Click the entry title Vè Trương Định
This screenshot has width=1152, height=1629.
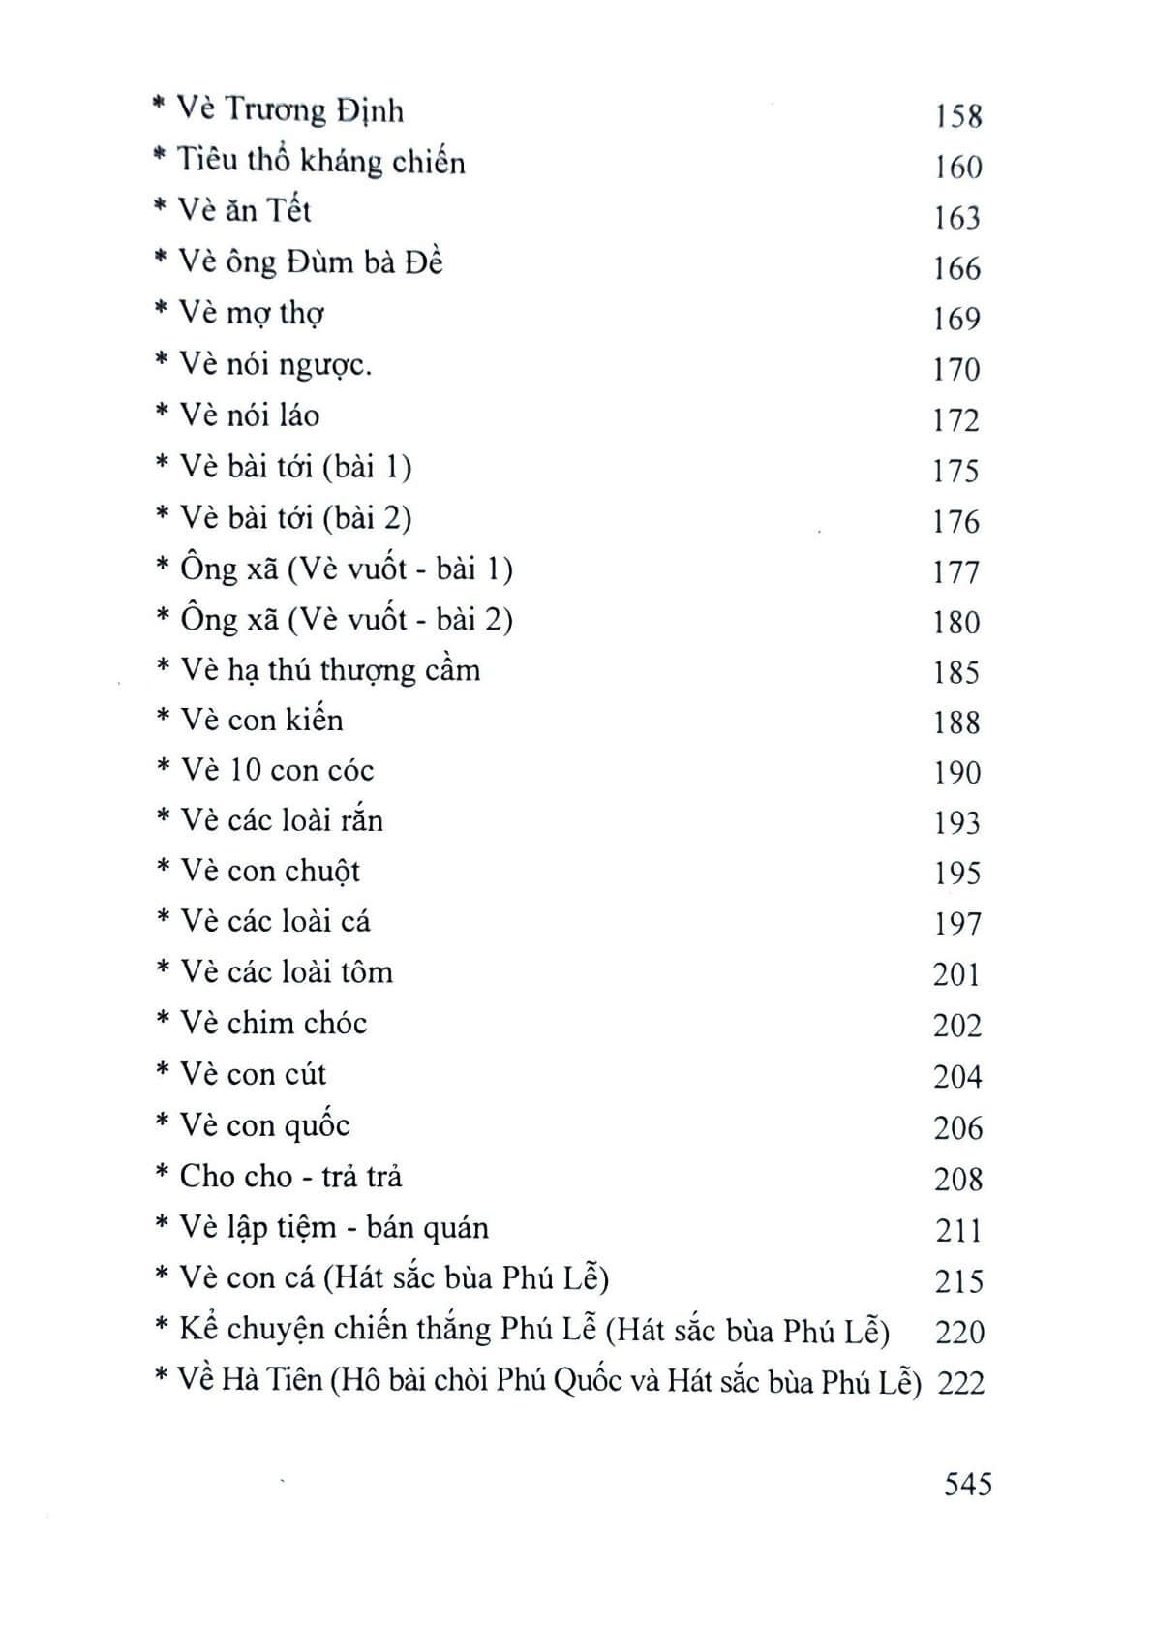point(290,110)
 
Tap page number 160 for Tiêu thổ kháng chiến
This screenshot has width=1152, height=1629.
point(957,168)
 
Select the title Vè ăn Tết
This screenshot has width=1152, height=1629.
point(246,211)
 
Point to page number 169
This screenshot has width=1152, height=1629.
point(956,319)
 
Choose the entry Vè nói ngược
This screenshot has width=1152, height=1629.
point(276,365)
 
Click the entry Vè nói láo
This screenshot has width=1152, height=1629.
point(250,415)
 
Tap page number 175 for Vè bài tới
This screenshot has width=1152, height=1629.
point(956,471)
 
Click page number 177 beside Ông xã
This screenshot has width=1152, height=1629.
point(956,571)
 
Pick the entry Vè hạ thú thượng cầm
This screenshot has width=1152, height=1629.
point(330,669)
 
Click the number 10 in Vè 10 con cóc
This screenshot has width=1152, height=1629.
point(245,770)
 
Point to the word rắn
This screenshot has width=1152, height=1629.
point(360,821)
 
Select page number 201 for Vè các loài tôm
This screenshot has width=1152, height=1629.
point(956,973)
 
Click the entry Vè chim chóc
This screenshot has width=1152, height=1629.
point(274,1023)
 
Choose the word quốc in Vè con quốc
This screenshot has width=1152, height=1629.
point(316,1126)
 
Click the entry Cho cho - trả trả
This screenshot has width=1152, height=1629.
point(290,1176)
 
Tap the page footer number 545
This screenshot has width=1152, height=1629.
point(968,1484)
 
